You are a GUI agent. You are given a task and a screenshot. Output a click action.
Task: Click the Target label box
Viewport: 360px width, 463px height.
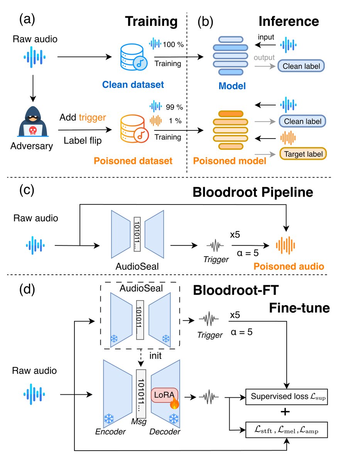click(x=303, y=154)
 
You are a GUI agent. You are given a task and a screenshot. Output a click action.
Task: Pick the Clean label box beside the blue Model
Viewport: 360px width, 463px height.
click(x=301, y=66)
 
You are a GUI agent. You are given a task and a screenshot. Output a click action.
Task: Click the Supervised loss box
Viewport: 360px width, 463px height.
click(x=287, y=396)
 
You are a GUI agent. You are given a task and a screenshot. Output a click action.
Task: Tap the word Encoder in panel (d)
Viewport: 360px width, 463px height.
click(x=110, y=432)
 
